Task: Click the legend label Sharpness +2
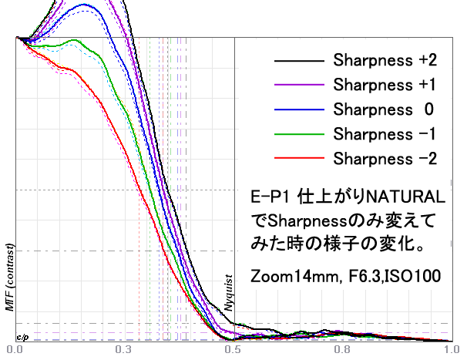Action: click(386, 60)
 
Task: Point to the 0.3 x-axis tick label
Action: click(123, 349)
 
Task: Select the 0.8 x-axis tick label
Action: click(342, 349)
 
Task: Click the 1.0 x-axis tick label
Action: click(451, 349)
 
